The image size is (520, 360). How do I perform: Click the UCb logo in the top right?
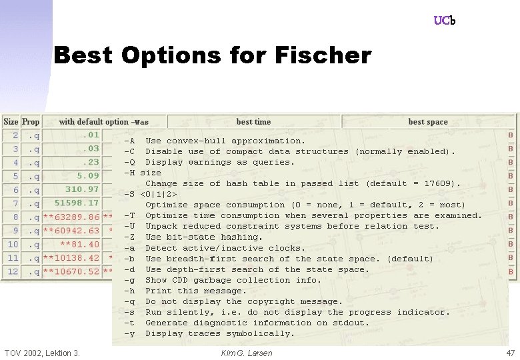coord(444,21)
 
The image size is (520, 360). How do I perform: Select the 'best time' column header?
coord(253,122)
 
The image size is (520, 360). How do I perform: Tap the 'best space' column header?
coord(428,122)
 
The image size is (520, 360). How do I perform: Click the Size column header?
coord(11,121)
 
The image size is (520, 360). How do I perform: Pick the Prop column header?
coord(31,121)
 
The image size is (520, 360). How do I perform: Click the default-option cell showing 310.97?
coord(82,189)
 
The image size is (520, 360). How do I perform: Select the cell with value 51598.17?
coord(77,203)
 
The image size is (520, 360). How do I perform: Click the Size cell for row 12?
coord(13,271)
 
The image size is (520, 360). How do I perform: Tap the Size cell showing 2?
coord(15,135)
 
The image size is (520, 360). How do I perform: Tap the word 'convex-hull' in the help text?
coord(193,141)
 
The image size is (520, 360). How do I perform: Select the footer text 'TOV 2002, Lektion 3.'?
coord(42,353)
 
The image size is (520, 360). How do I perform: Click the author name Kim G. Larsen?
coord(246,353)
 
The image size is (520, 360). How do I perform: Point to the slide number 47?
coord(511,353)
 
